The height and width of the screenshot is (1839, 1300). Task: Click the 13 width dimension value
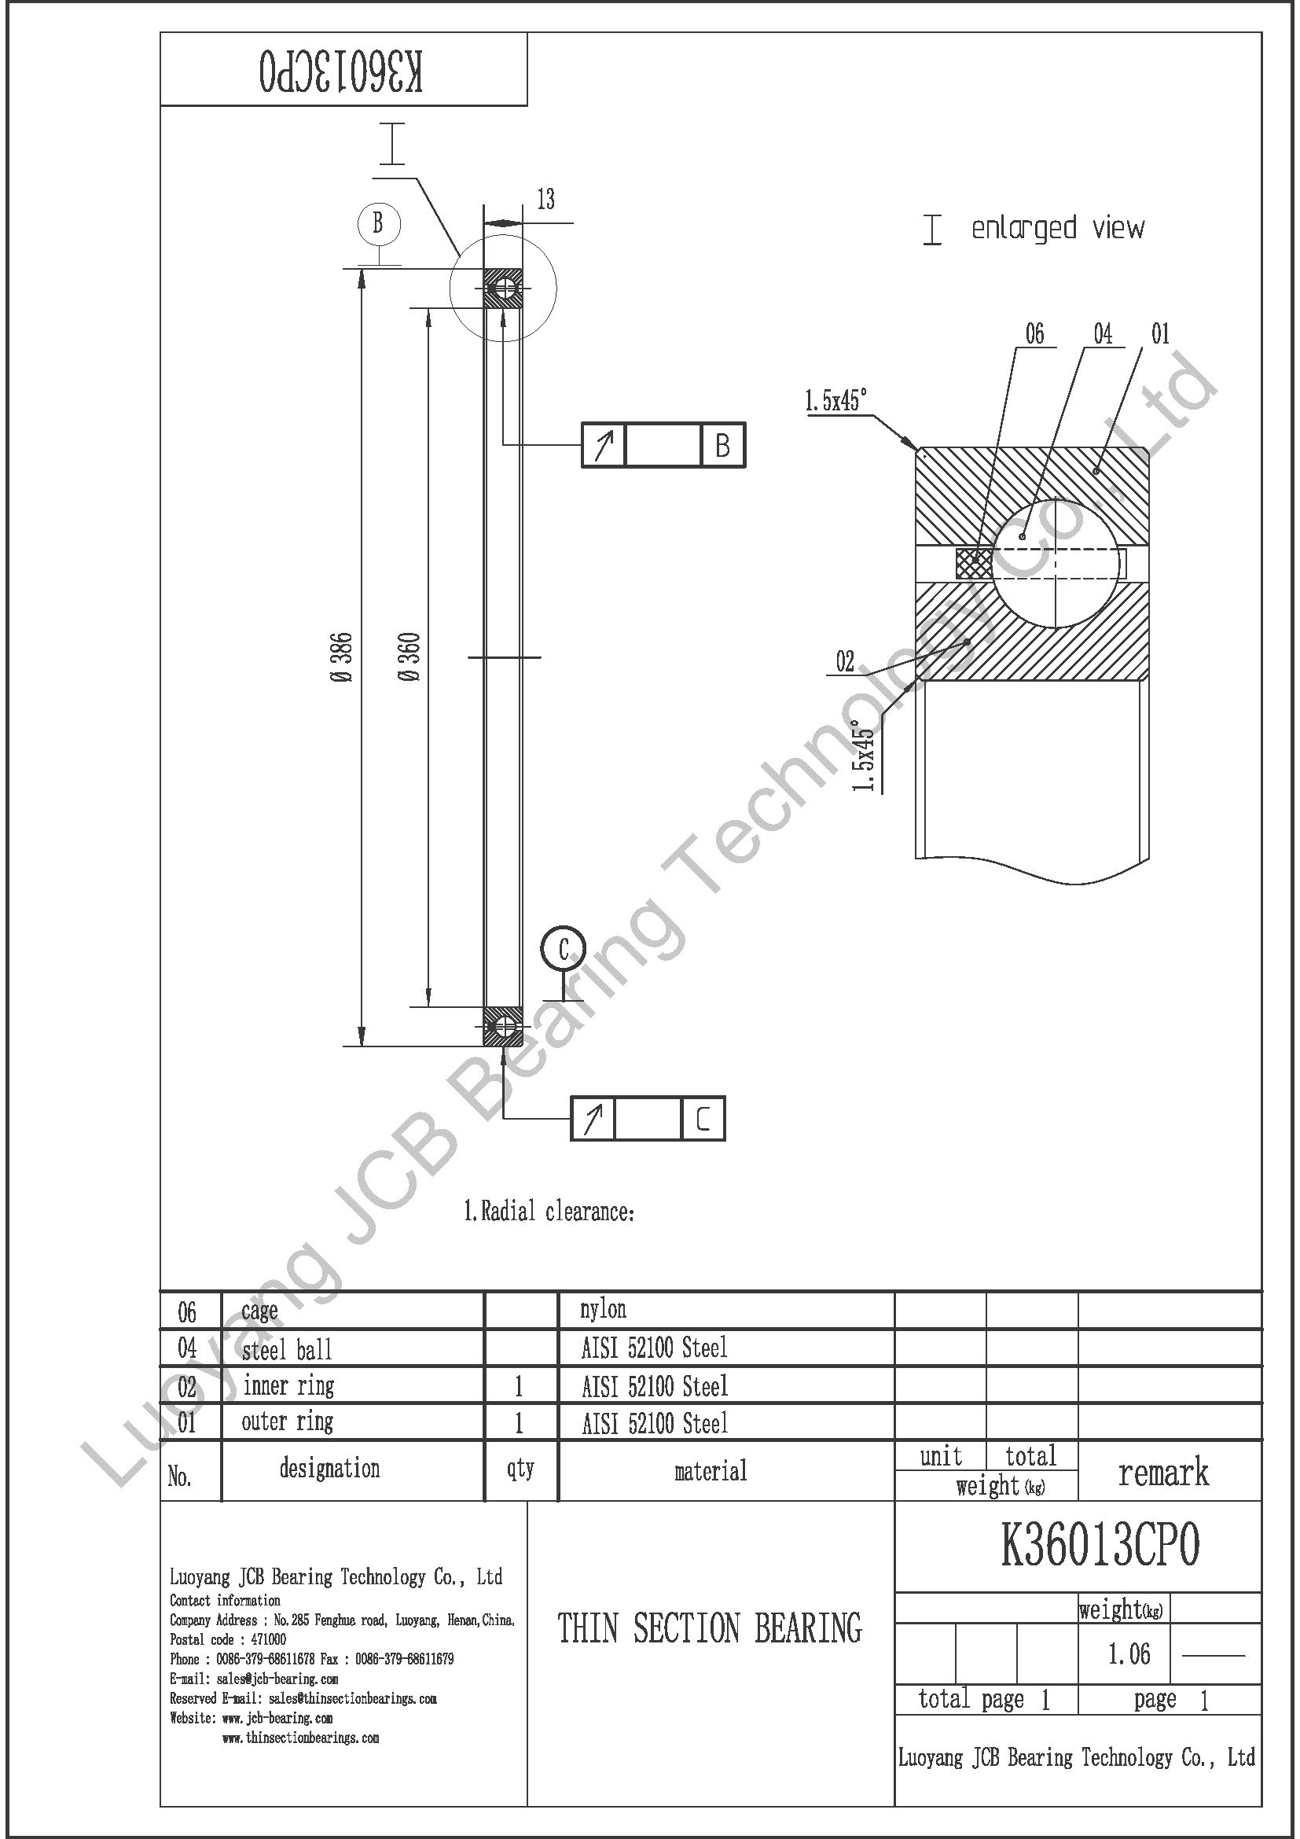click(x=546, y=200)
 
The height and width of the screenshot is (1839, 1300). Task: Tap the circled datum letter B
click(x=378, y=223)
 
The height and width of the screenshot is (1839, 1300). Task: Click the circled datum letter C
click(x=564, y=950)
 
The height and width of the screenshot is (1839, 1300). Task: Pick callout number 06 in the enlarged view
click(x=1035, y=333)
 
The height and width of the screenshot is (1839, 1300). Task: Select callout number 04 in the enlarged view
click(x=1103, y=333)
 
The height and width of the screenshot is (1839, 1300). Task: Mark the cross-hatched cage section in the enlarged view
click(x=973, y=563)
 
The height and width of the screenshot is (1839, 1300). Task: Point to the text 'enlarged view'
click(x=1057, y=228)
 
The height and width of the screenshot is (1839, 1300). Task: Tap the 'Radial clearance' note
click(x=549, y=1212)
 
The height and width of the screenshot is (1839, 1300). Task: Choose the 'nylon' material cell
click(x=604, y=1310)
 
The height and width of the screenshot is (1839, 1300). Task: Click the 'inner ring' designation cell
click(x=288, y=1385)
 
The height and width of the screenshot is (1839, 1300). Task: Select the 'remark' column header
click(x=1163, y=1472)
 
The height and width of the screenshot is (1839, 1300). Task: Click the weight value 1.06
click(x=1129, y=1653)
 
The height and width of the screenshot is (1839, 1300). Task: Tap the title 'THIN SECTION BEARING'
click(x=710, y=1628)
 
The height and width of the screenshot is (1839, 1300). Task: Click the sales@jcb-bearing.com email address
click(x=277, y=1679)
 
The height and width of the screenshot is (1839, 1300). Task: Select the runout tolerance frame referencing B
click(x=663, y=444)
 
